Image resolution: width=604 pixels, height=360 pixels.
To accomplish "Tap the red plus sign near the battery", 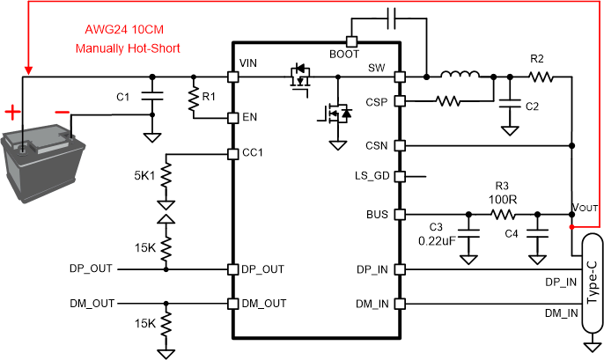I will tap(13, 112).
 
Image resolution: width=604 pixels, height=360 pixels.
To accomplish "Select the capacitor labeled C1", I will tap(152, 96).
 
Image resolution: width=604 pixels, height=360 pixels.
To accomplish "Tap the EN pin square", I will tap(232, 117).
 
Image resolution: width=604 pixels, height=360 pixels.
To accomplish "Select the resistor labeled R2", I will tap(538, 77).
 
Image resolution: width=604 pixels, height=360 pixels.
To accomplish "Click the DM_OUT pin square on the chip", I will tap(232, 304).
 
